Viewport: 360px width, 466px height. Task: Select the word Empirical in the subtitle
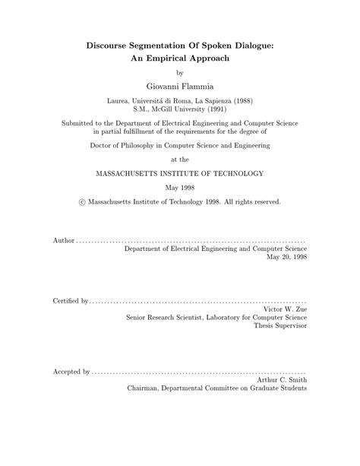178,60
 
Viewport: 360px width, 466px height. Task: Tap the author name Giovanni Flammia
180,87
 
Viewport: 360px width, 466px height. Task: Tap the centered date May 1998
180,188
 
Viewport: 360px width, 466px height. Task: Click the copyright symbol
81,203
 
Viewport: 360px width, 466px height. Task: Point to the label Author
63,240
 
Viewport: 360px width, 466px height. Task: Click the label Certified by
70,301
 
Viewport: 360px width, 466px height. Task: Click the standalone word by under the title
179,74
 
